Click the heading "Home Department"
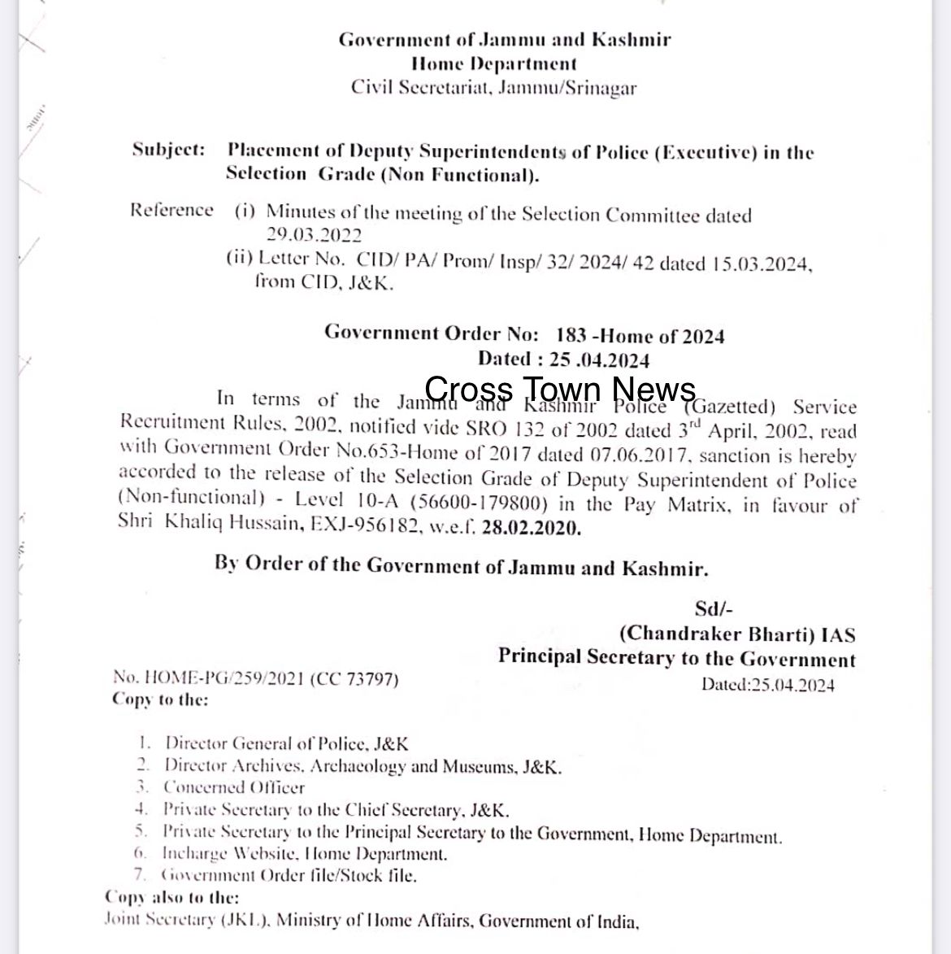[493, 63]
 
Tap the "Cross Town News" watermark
[560, 389]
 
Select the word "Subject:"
[168, 150]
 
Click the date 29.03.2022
[314, 235]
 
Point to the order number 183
[572, 335]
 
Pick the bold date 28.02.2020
[531, 528]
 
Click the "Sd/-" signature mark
[714, 608]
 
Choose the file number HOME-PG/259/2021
[208, 677]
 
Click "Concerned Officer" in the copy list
[234, 787]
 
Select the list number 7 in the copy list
[141, 875]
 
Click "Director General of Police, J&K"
[286, 743]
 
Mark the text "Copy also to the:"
[172, 898]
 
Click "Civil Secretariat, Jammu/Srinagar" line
[493, 87]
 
